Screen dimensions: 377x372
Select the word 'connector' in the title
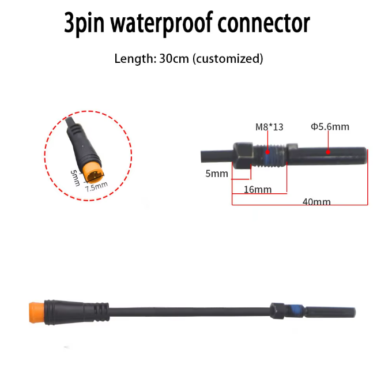click(264, 23)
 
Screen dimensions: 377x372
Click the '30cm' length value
click(174, 58)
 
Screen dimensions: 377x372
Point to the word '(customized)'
click(228, 59)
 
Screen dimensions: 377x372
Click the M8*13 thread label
click(269, 127)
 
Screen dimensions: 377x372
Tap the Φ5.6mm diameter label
click(330, 126)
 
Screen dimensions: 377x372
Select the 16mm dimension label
click(258, 190)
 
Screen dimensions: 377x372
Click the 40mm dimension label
click(316, 202)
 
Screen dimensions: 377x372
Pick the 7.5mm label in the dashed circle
click(96, 186)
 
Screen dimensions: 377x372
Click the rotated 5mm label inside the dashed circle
click(76, 178)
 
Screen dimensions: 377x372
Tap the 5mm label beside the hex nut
click(217, 174)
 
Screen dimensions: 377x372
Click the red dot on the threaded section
click(267, 152)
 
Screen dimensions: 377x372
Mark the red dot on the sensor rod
click(328, 152)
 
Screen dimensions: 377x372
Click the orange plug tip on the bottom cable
click(36, 313)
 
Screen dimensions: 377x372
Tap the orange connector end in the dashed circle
click(93, 173)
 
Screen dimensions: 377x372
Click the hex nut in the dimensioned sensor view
click(242, 155)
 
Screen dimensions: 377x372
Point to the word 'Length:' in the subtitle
click(135, 59)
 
